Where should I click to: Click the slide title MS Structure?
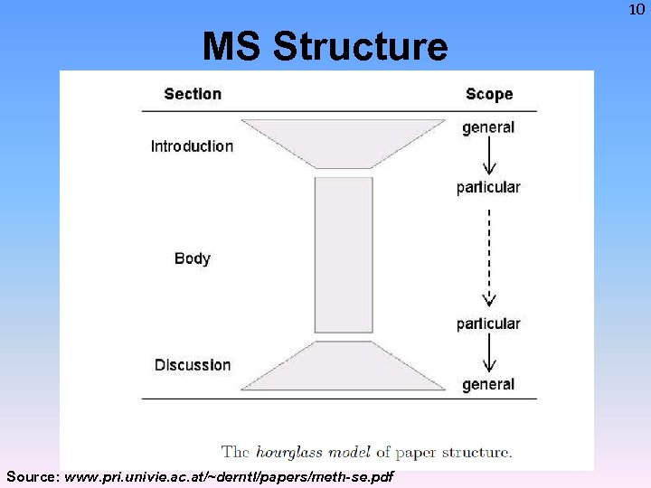tap(325, 46)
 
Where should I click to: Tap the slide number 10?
tap(637, 10)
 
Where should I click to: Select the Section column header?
tap(193, 94)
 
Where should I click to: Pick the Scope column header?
tap(489, 94)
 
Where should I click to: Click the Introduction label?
tap(192, 146)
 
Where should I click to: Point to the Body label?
tap(193, 258)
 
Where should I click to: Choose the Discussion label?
tap(193, 365)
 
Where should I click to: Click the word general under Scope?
tap(488, 127)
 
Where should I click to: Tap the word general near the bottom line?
tap(488, 384)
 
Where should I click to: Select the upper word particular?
tap(488, 187)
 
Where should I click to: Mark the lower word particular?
tap(488, 324)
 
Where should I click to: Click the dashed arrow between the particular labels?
tap(489, 258)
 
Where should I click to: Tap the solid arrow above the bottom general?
tap(489, 354)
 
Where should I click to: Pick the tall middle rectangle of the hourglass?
tap(344, 255)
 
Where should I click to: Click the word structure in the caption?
tap(479, 452)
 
